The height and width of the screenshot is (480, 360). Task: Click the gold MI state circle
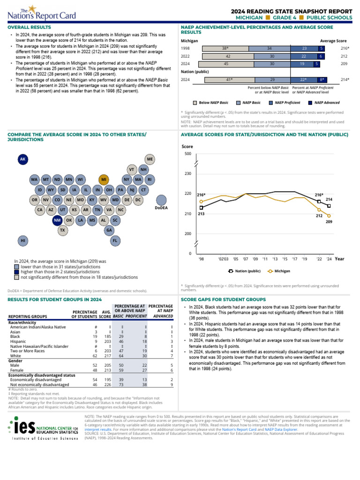(104, 180)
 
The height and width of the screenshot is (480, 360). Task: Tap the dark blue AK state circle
(22, 160)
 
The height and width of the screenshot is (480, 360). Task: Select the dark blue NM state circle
(57, 220)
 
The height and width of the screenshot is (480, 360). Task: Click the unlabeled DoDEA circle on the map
(161, 200)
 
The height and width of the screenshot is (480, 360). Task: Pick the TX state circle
(63, 231)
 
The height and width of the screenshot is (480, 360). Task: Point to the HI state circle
(22, 240)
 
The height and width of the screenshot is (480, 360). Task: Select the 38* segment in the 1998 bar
(225, 48)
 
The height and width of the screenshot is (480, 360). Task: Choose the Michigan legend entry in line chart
(279, 271)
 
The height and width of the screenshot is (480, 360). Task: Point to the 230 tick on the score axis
(187, 174)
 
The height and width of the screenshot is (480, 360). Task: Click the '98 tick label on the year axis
(201, 258)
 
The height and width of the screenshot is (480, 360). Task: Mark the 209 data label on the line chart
(329, 221)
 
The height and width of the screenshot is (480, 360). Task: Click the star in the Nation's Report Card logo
(32, 8)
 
